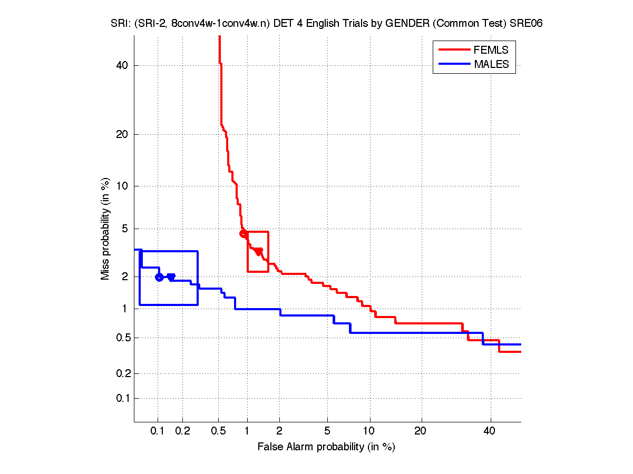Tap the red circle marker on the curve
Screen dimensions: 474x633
pos(244,234)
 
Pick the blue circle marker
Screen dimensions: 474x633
pos(159,277)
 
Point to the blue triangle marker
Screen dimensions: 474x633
pos(171,277)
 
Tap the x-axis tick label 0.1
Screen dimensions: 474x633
pos(158,431)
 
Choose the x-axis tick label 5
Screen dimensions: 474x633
pos(327,431)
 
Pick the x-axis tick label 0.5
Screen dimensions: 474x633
pos(219,431)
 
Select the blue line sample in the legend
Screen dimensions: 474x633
pos(454,64)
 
